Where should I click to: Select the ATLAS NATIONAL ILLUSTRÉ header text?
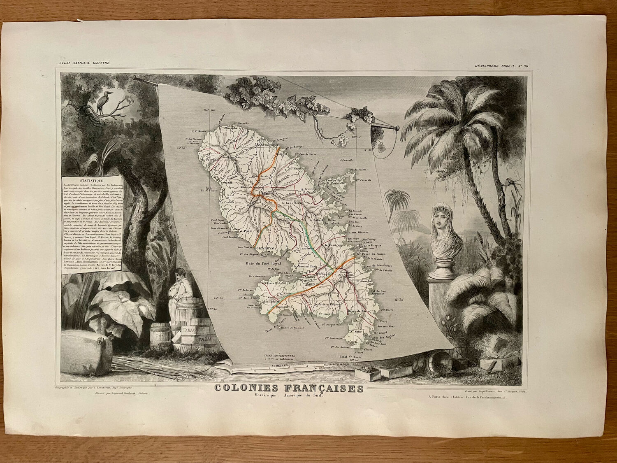point(84,63)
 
